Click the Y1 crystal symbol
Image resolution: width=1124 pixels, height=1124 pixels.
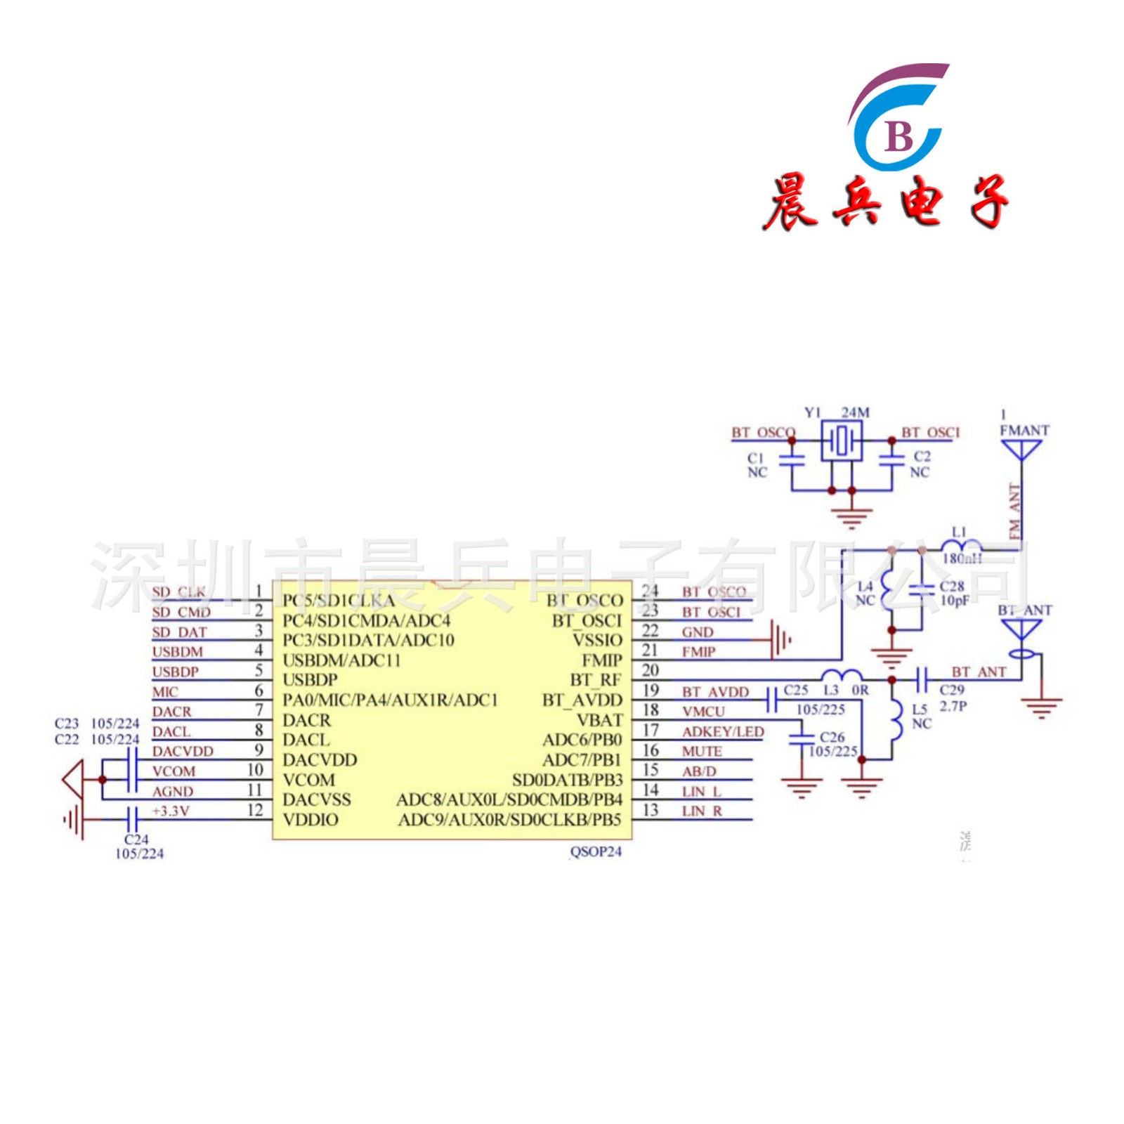(842, 442)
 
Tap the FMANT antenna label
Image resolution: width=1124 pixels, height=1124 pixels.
(1024, 430)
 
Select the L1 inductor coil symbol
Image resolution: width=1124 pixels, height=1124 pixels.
(960, 544)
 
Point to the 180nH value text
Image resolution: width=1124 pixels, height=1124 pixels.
(962, 558)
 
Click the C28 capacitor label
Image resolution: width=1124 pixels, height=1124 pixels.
(952, 586)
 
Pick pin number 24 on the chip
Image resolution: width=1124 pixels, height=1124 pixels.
(650, 591)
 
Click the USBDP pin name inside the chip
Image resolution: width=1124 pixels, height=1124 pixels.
(310, 680)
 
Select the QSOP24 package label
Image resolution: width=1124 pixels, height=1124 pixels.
(596, 851)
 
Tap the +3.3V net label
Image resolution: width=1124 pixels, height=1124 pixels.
(171, 811)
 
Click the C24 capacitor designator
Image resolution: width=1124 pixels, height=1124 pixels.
(136, 839)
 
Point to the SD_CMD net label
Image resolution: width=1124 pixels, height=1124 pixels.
(181, 612)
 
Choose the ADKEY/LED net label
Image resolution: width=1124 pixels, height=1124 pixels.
(723, 732)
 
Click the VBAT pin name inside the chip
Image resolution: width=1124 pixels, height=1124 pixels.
(599, 720)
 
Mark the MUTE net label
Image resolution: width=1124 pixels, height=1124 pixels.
(702, 752)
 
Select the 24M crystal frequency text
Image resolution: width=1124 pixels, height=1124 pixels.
(855, 412)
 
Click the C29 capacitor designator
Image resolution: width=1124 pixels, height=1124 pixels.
(952, 690)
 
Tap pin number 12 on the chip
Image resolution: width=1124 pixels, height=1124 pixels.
(255, 810)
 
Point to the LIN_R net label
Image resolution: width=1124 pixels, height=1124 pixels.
(702, 811)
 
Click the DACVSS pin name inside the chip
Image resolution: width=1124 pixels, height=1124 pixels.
(316, 799)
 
